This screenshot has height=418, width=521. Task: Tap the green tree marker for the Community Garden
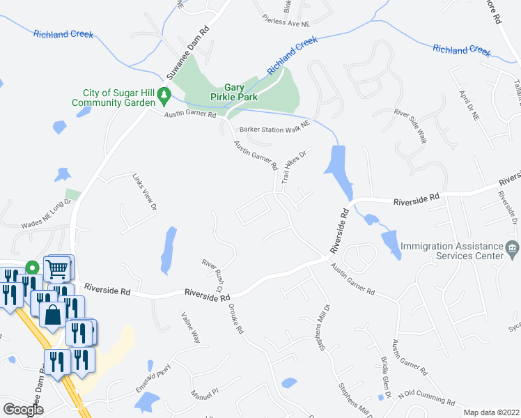tap(164, 93)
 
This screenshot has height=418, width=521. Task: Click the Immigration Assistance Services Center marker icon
tap(512, 247)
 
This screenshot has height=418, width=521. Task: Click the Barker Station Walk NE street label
tap(273, 130)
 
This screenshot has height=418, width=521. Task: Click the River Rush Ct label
tap(212, 275)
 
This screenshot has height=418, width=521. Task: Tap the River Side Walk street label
tap(410, 126)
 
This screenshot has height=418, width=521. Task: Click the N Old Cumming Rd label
tap(426, 398)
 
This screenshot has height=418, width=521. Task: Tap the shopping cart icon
tap(58, 266)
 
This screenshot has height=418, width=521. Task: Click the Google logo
tap(23, 409)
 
